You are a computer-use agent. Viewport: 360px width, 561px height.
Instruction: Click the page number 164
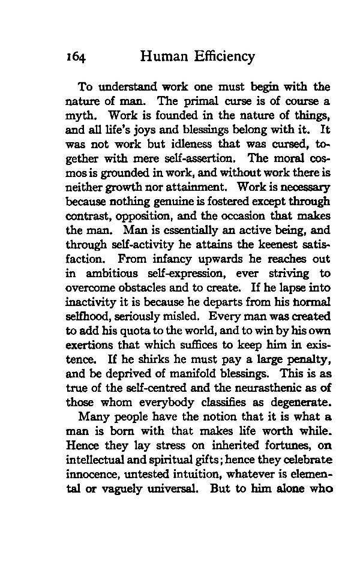tap(77, 58)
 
